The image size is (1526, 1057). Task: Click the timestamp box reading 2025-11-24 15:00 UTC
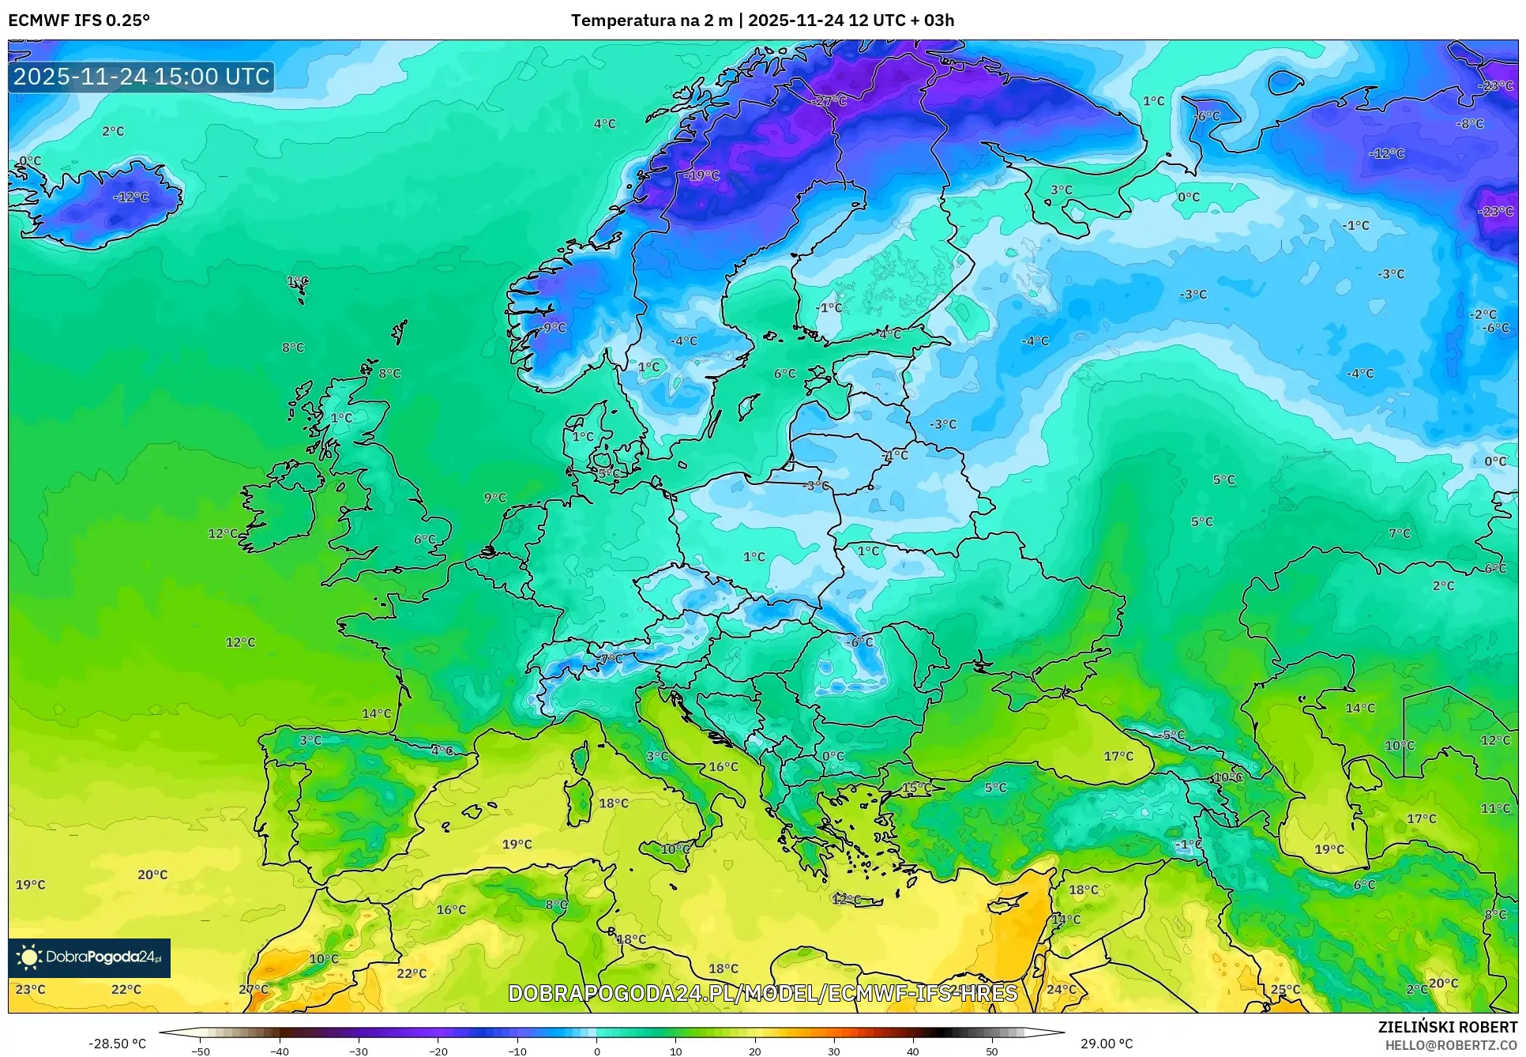(141, 77)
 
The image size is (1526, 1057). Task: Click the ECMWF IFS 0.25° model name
(79, 21)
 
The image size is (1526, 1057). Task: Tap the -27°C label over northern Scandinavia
(829, 101)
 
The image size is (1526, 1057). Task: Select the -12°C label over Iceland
(131, 197)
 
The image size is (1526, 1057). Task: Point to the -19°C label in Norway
(702, 175)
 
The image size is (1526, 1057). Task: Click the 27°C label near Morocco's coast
(254, 989)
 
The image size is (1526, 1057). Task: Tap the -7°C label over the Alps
(610, 658)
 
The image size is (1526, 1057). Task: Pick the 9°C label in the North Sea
(495, 498)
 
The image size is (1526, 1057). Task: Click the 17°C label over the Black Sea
(1118, 756)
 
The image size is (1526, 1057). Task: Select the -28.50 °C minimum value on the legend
(117, 1044)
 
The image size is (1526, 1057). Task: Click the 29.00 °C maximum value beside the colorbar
(1107, 1044)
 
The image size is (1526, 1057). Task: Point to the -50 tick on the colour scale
(201, 1051)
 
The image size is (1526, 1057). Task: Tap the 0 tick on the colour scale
(596, 1051)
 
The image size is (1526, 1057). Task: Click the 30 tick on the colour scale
(834, 1051)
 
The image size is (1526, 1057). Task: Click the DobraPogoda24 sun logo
(29, 957)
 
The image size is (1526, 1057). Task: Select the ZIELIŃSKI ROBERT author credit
(1447, 1027)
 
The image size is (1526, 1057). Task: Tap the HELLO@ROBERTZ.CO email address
(1451, 1045)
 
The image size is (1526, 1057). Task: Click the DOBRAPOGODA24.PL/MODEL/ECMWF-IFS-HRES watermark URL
(762, 993)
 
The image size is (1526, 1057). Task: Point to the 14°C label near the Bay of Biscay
(377, 713)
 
